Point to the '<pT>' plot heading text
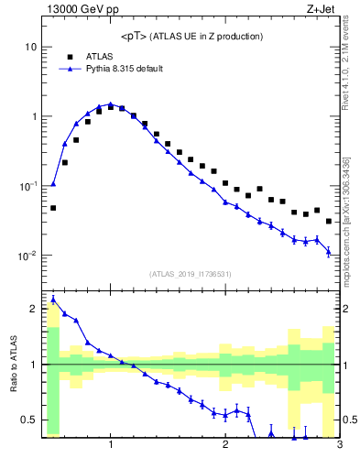(191, 37)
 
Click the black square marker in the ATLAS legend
(70, 56)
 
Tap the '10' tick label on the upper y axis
(30, 47)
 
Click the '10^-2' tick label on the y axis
(27, 255)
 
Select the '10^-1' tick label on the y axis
(27, 185)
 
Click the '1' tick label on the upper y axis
(33, 116)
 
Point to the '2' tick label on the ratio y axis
(33, 309)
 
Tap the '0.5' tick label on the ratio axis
(28, 420)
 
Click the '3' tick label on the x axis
(339, 446)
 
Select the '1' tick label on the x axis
(111, 446)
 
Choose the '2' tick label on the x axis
(225, 446)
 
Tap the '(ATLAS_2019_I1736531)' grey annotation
(191, 274)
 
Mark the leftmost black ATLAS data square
(53, 208)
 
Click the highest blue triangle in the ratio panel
(53, 300)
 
